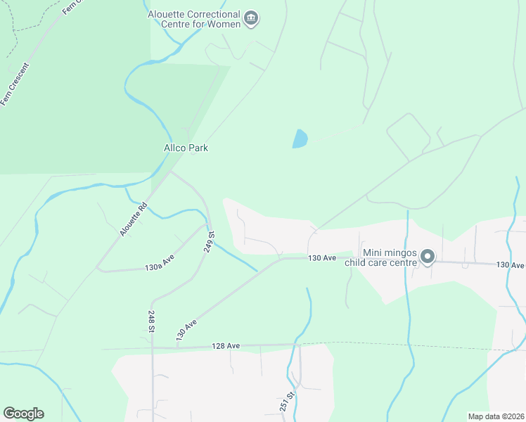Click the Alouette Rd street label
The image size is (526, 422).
coord(133,219)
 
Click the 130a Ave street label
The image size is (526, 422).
coord(160,267)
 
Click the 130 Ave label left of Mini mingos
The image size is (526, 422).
coord(321,259)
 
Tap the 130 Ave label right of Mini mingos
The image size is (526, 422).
coord(511,264)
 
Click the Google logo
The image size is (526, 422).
coord(23,414)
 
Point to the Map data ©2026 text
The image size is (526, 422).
coord(496,416)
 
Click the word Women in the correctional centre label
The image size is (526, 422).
coord(224,25)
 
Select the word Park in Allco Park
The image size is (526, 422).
coord(198,148)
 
